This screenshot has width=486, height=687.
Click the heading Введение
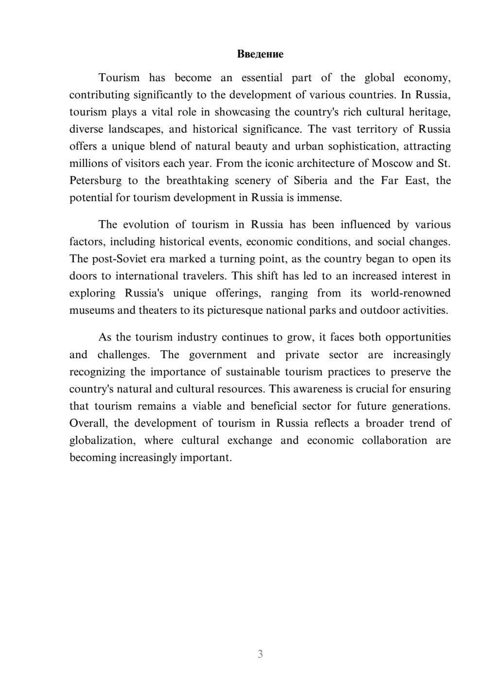pos(260,54)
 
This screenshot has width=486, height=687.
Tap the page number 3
pos(260,654)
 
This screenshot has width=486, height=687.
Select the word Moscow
pos(392,163)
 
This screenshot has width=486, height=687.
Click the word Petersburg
pos(96,181)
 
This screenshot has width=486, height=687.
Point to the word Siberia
pos(311,181)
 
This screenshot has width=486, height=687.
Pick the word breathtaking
pos(197,181)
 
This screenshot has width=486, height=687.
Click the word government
pos(218,355)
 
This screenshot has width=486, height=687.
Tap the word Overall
pos(88,423)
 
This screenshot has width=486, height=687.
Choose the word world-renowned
pos(411,293)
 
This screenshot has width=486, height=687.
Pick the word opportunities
pos(418,338)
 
